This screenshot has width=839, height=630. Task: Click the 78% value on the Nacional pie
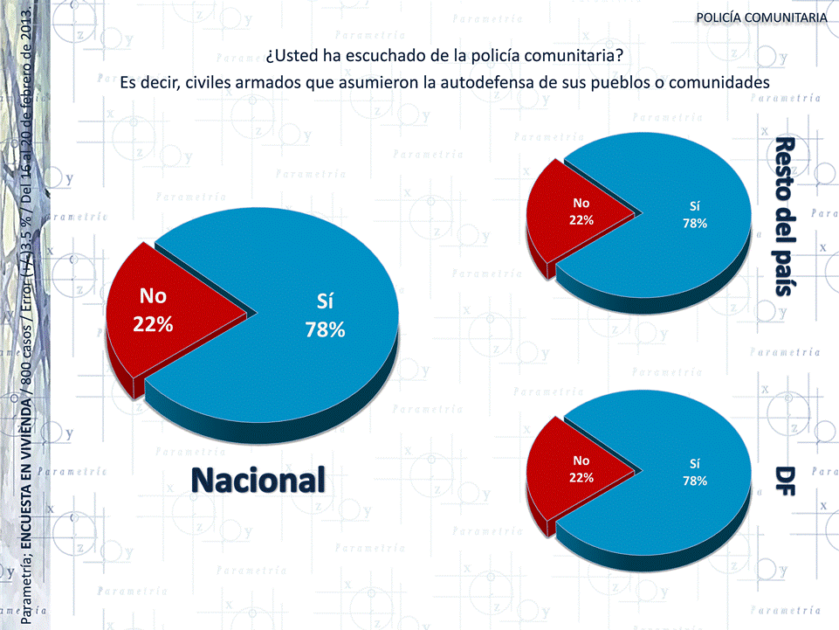325,330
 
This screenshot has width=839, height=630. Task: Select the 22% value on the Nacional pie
153,324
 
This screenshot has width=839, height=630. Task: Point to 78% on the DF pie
695,481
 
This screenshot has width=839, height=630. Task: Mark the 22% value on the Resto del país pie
581,220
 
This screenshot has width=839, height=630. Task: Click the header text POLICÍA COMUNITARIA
762,18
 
